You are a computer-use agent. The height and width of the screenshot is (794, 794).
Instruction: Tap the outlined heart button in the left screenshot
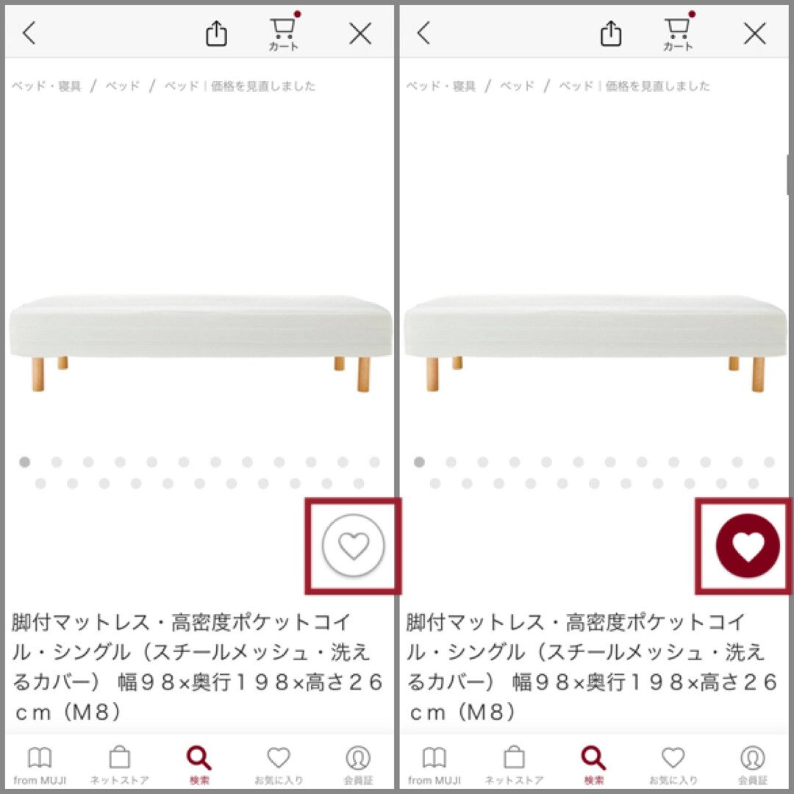pyautogui.click(x=354, y=546)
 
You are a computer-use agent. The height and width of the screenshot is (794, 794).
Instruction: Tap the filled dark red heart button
pyautogui.click(x=748, y=546)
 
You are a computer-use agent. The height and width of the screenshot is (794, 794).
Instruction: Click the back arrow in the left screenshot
pyautogui.click(x=29, y=33)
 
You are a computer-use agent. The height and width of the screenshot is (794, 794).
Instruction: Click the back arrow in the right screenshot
pyautogui.click(x=424, y=33)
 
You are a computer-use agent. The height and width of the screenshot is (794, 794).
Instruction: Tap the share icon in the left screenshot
pyautogui.click(x=216, y=33)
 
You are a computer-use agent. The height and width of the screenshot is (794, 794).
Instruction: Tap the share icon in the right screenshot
pyautogui.click(x=611, y=33)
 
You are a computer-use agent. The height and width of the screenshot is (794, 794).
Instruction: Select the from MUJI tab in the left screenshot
pyautogui.click(x=40, y=765)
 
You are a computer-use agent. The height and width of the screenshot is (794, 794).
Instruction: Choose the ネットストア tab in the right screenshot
pyautogui.click(x=514, y=765)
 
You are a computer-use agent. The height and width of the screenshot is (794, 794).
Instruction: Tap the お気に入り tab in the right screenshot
pyautogui.click(x=673, y=765)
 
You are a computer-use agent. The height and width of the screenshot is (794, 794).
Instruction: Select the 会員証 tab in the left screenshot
pyautogui.click(x=358, y=765)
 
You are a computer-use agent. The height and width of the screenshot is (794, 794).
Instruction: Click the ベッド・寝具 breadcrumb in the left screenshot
pyautogui.click(x=46, y=86)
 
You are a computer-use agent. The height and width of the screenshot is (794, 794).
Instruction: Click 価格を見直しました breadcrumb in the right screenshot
pyautogui.click(x=658, y=86)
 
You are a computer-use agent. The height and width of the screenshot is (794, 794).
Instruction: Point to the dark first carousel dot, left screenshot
pyautogui.click(x=24, y=462)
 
